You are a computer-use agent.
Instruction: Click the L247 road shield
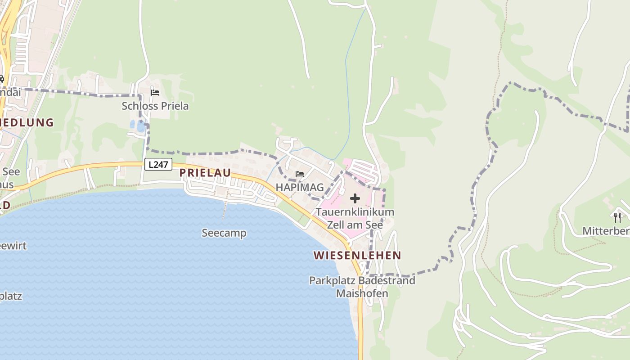158,165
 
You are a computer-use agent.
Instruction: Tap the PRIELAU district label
205,173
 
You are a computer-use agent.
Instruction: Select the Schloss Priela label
155,106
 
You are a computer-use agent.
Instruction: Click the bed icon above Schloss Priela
155,93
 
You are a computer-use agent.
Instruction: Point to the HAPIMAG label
300,187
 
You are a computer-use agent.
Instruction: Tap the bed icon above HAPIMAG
300,174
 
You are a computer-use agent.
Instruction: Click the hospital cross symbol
355,198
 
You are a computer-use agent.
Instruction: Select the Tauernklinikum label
355,212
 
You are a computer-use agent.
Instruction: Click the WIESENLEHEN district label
357,256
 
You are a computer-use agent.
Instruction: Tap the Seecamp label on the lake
224,233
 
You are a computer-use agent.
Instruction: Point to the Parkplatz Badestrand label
362,281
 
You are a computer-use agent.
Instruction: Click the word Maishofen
362,294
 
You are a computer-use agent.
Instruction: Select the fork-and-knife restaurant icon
617,218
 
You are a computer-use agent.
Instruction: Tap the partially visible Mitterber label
606,231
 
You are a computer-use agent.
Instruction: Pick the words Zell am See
355,225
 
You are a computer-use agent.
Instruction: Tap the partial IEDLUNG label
27,122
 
